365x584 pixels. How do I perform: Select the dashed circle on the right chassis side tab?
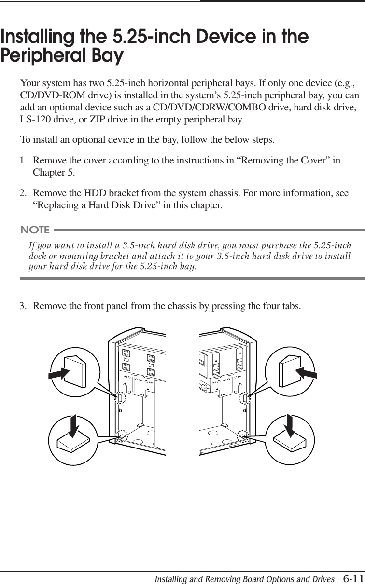coord(244,398)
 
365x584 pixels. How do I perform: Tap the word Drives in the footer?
coord(321,578)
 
